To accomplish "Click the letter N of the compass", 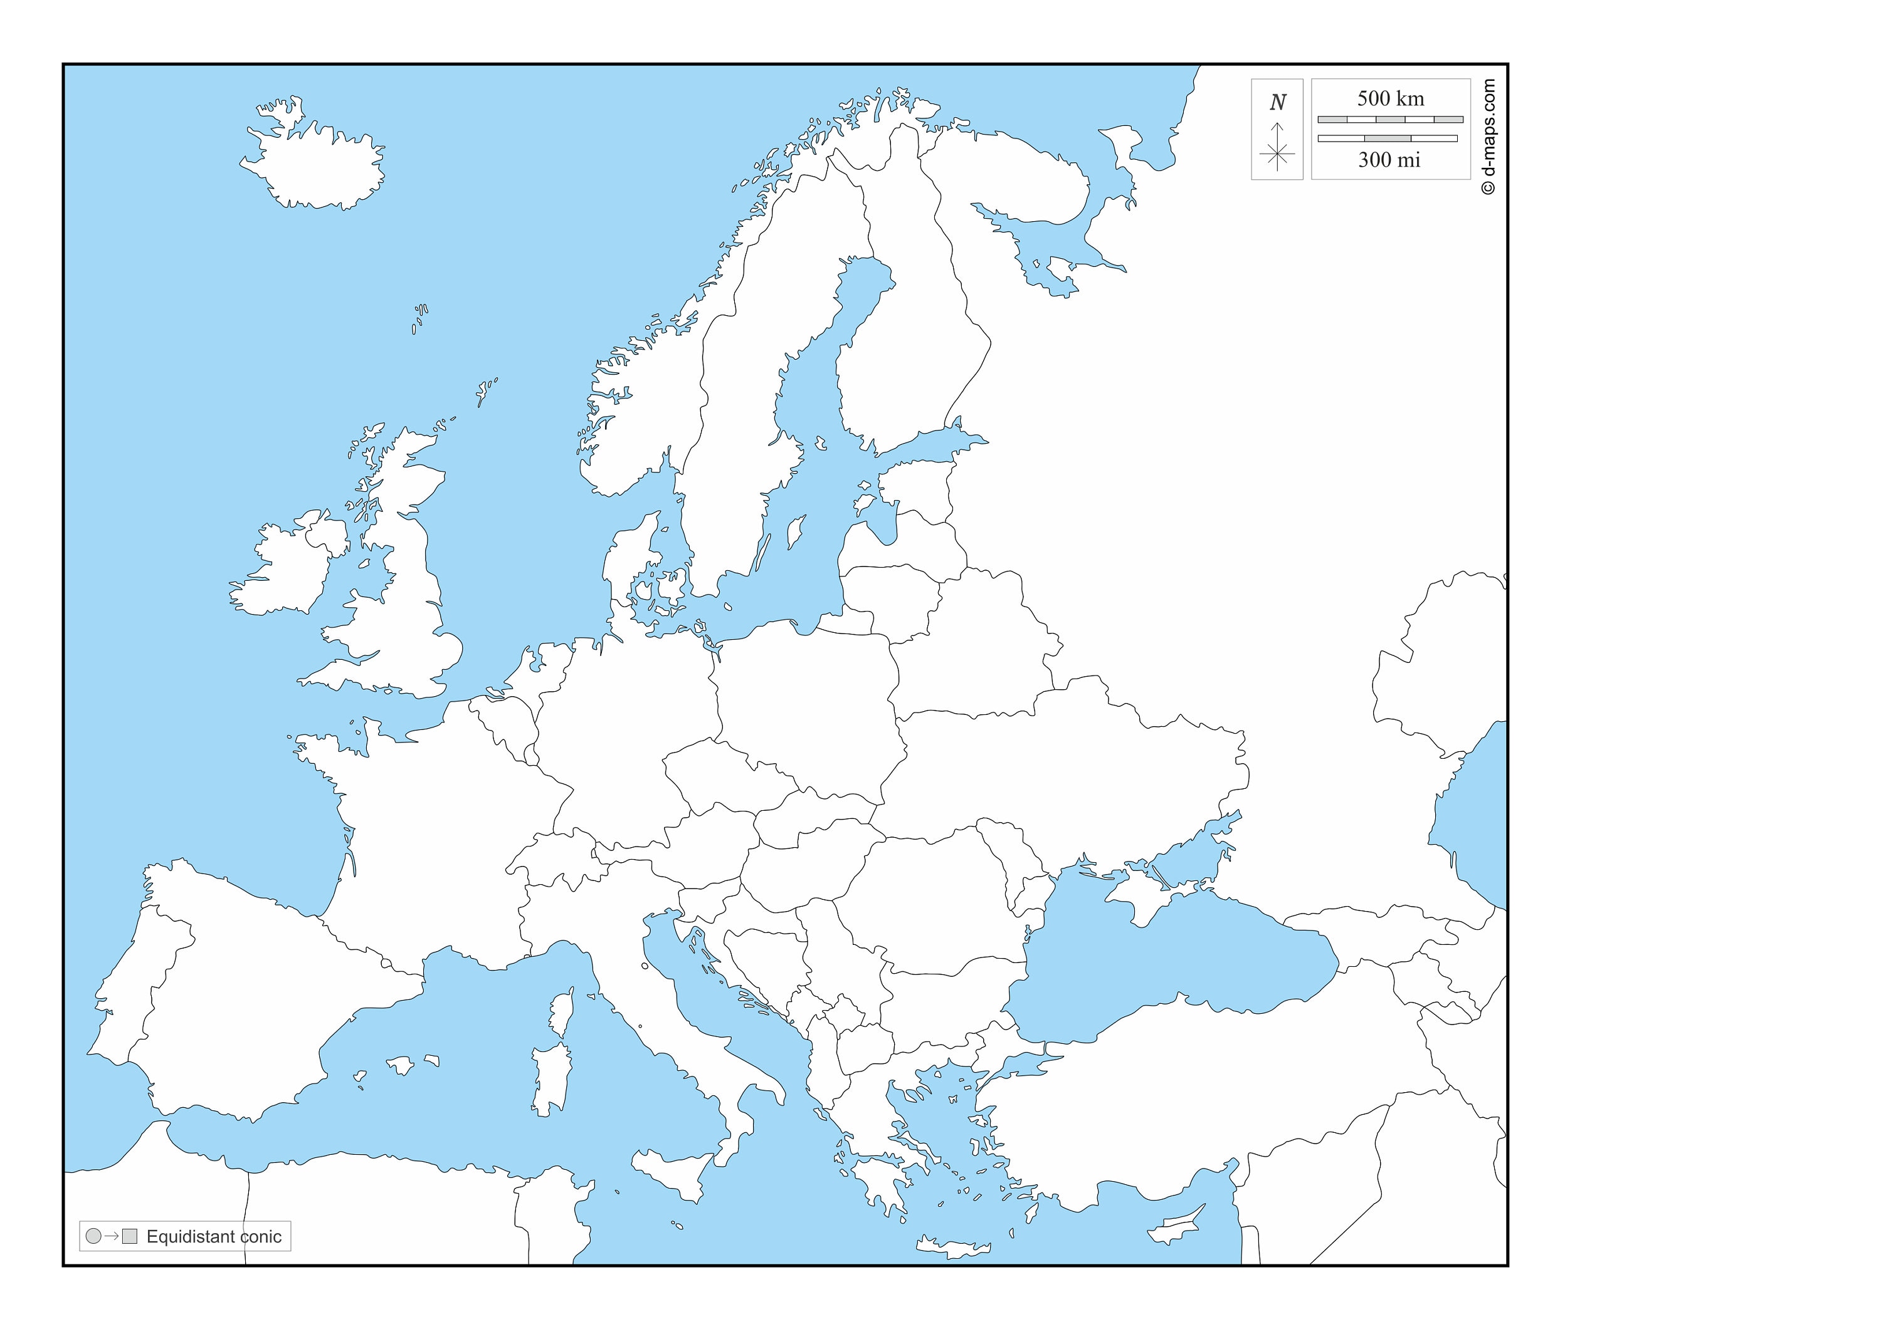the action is [x=1277, y=102].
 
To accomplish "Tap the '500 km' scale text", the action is [x=1390, y=98].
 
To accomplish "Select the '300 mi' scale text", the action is [x=1389, y=160].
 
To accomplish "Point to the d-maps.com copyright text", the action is [x=1488, y=137].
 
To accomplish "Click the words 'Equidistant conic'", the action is [x=214, y=1236].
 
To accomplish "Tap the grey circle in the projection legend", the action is [x=93, y=1236].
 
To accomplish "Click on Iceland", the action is [x=315, y=164].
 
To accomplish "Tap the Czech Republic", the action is [x=721, y=774].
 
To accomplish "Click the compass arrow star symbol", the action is [x=1277, y=152].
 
